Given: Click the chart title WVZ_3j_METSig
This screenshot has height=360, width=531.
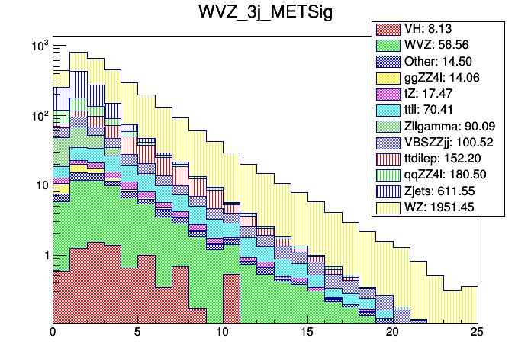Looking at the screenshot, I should point(265,15).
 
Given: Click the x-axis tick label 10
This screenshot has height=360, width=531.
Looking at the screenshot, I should point(222,333).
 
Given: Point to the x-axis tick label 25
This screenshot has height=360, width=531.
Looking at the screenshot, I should point(478,333).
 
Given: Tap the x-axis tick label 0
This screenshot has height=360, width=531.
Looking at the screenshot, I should point(53,333).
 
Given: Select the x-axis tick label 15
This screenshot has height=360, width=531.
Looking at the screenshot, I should point(307,333).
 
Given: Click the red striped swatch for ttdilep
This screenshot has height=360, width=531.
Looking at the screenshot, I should point(388,159).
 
